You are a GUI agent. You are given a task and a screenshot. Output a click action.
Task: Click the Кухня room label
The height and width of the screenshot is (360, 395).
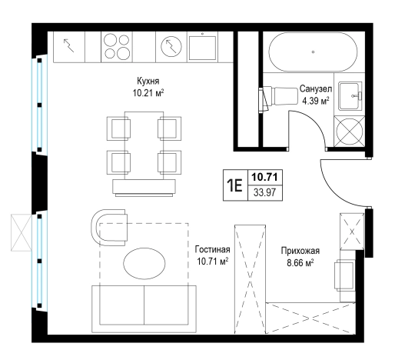click(x=148, y=81)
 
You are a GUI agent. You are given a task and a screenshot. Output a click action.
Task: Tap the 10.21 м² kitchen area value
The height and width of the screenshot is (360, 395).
click(x=148, y=93)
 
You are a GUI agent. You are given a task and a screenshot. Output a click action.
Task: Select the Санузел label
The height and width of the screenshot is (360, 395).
click(x=316, y=89)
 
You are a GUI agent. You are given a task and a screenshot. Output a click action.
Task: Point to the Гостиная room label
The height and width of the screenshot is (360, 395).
click(x=212, y=249)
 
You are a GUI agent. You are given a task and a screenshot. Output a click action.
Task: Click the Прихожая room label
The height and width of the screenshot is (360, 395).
click(x=300, y=250)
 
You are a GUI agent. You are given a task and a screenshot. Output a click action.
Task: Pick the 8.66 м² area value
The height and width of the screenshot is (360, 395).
click(x=300, y=263)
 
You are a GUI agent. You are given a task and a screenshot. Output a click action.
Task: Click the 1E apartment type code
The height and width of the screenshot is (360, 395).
click(x=234, y=185)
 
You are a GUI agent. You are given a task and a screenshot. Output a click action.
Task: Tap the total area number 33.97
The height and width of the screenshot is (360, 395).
click(x=265, y=192)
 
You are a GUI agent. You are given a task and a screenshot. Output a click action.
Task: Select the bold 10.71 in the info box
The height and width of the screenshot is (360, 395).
click(x=265, y=177)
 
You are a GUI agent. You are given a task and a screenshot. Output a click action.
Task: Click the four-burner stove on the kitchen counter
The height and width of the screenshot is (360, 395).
click(x=117, y=47)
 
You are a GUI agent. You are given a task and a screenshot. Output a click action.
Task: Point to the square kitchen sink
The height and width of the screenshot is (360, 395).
click(x=202, y=47)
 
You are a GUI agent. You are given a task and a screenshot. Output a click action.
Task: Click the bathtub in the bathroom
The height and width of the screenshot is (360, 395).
click(x=313, y=52)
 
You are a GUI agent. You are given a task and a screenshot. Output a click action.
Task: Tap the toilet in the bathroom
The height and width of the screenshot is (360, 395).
click(x=278, y=96)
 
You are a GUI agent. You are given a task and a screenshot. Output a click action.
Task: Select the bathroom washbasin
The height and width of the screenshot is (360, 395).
click(x=350, y=96)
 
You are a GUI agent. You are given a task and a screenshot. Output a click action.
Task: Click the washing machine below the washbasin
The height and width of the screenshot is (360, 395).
click(x=350, y=132)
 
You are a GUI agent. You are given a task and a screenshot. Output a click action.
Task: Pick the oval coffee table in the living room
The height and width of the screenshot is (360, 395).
click(x=144, y=263)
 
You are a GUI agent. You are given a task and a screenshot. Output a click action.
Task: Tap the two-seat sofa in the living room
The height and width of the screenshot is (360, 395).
click(x=144, y=309)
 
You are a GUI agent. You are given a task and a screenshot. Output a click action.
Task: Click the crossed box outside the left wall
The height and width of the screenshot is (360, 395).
click(x=21, y=232)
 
